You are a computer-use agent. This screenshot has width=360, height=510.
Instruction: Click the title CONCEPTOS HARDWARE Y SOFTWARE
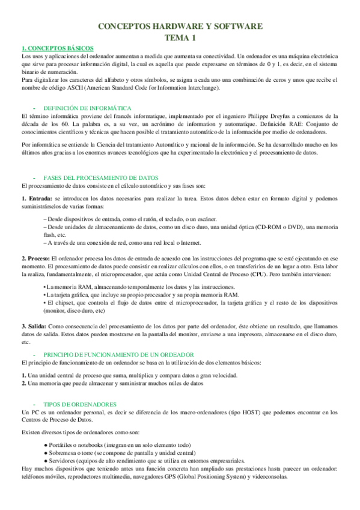coord(180,26)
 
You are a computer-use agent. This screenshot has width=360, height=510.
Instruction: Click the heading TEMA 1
coord(180,38)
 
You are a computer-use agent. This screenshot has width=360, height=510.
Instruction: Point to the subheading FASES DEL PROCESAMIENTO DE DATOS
coord(101,178)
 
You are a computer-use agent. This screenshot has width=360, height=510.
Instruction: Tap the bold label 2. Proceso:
coord(35,257)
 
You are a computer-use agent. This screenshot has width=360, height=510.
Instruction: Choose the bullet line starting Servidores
coord(144,459)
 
